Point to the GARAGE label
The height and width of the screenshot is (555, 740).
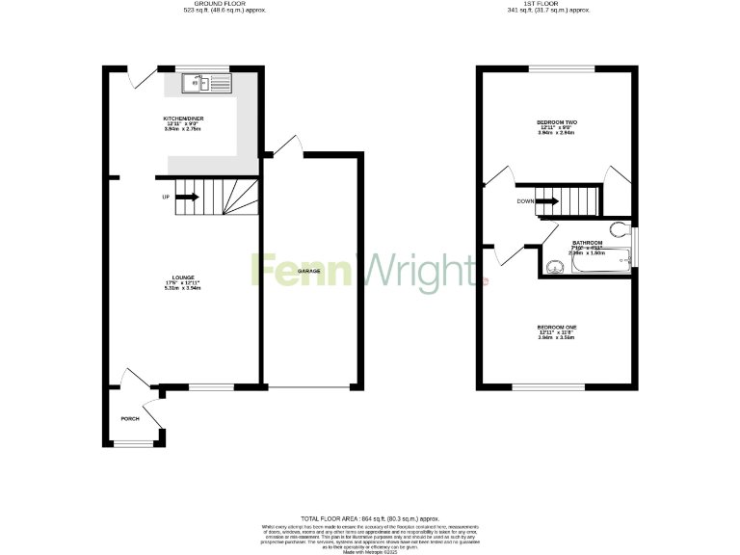coord(308,272)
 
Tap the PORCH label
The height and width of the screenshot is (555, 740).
coord(130,418)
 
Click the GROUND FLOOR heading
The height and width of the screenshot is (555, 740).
coord(212,5)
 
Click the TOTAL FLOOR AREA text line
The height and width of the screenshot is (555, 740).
coord(370,519)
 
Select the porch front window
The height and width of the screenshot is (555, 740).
coord(134,444)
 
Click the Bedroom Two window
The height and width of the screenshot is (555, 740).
coord(561,67)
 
